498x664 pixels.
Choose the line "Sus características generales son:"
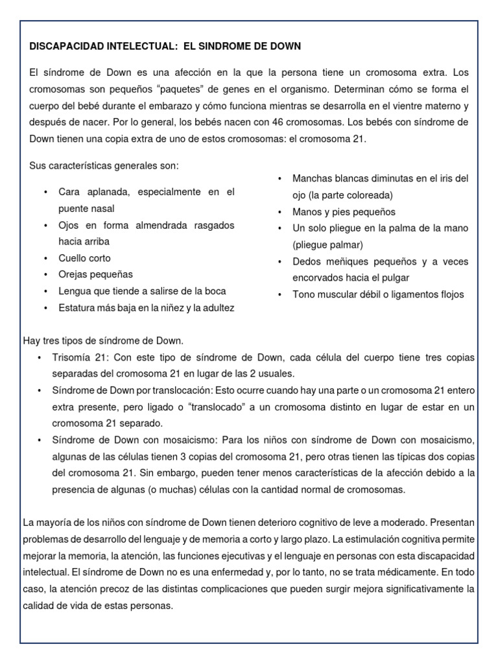click(x=104, y=166)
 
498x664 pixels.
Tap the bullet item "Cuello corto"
click(x=84, y=258)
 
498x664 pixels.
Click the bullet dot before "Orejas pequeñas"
click(x=45, y=275)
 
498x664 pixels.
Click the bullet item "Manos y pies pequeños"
click(x=344, y=212)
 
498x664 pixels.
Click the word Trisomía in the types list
click(x=74, y=358)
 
